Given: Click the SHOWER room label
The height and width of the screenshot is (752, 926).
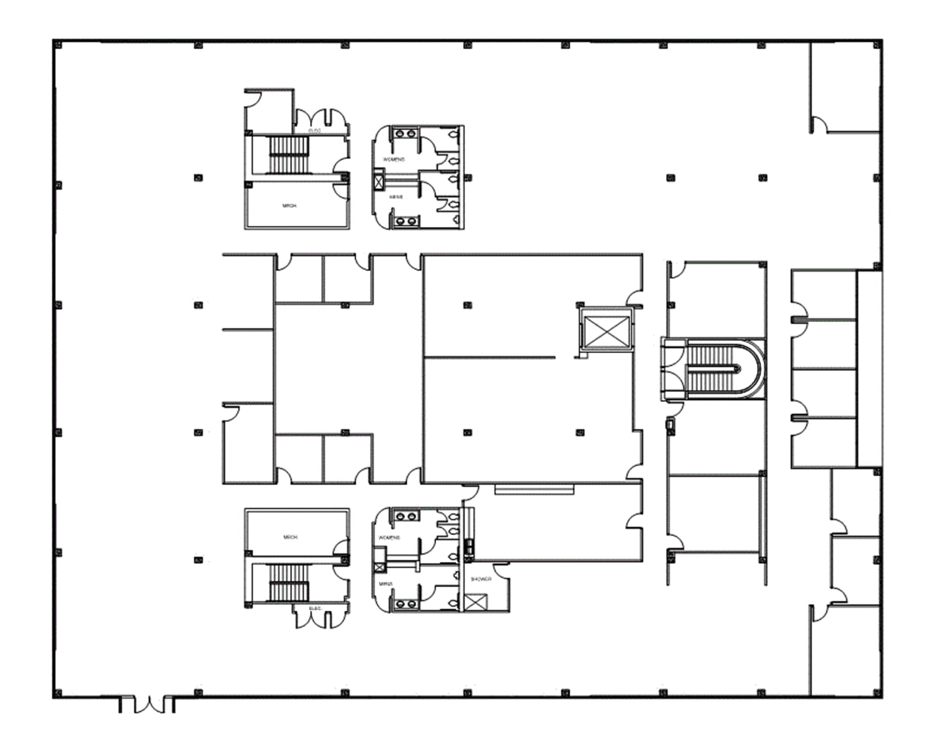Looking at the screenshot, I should (481, 579).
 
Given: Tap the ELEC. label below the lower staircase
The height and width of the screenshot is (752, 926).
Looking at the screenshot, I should (315, 608).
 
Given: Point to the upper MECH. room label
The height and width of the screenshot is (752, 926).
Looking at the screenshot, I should (289, 206).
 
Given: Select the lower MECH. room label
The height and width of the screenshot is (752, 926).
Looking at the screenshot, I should (290, 537).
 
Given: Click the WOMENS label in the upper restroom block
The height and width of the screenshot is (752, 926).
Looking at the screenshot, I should (394, 160).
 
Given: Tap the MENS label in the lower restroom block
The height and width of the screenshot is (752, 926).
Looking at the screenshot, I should (386, 584).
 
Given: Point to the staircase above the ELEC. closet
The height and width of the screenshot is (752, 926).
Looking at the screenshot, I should (289, 583).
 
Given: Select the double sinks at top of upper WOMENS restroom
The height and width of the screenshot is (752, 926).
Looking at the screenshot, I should (405, 133).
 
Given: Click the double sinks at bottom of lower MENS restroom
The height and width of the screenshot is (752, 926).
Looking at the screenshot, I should (405, 604).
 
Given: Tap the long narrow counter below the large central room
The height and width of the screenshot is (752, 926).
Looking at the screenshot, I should (534, 489).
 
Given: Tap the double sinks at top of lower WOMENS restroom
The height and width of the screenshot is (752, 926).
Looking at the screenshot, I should (406, 516).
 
